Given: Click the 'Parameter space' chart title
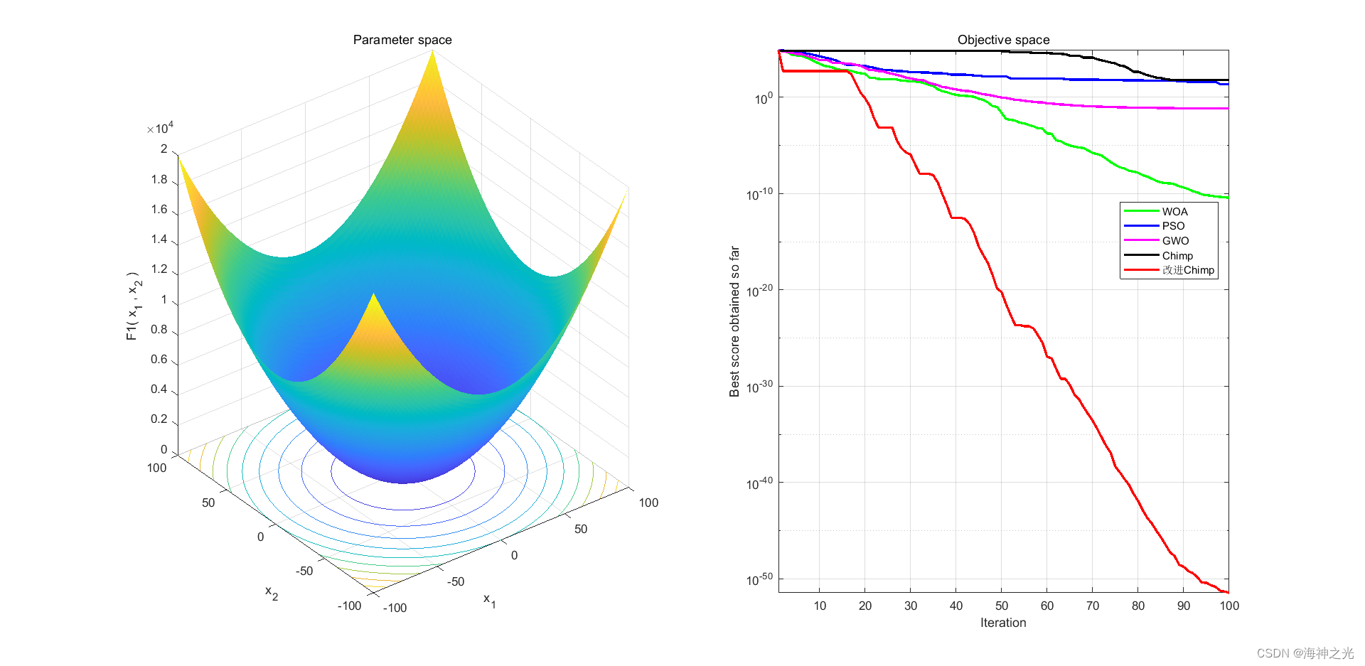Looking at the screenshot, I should [x=402, y=40].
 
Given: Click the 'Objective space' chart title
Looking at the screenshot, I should [x=1003, y=40].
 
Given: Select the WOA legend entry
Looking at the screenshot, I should [x=1174, y=212].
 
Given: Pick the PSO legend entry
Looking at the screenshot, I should [x=1173, y=226].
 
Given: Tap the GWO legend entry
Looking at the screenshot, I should [x=1174, y=241].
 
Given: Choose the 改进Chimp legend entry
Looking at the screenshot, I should [x=1187, y=270].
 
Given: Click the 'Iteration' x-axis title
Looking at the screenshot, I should [x=1002, y=623].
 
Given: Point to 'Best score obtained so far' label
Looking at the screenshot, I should [x=734, y=321].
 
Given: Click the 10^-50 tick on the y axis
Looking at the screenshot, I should [x=759, y=579].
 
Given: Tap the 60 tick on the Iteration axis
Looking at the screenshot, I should [x=1047, y=606].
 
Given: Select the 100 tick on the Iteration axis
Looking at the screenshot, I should [x=1228, y=606].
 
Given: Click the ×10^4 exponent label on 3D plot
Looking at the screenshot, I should [x=161, y=129].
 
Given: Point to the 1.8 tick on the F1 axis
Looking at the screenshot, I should [x=159, y=179].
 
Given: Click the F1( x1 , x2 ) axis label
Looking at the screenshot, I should [x=134, y=306].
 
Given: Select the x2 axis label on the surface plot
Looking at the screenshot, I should [x=272, y=592].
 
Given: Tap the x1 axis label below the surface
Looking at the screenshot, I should [x=490, y=600].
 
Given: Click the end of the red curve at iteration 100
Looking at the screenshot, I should [x=1227, y=591].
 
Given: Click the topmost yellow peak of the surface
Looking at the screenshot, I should [x=432, y=53].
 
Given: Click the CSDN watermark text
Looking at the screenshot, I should [x=1305, y=653].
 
